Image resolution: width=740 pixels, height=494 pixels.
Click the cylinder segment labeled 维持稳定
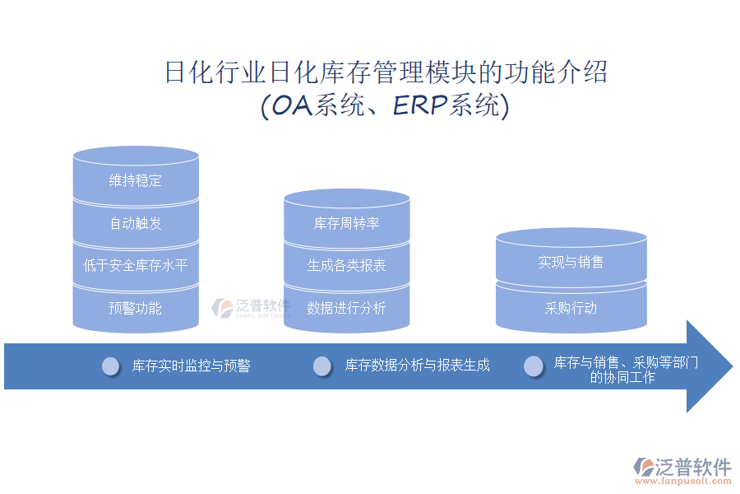[x=136, y=180]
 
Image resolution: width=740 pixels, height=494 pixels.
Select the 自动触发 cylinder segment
[x=136, y=223]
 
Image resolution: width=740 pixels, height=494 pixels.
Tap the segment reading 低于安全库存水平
[x=136, y=265]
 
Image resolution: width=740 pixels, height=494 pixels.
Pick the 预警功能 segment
[x=136, y=308]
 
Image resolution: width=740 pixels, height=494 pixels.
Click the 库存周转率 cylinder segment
[x=347, y=223]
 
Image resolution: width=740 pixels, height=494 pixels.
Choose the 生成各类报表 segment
[x=347, y=265]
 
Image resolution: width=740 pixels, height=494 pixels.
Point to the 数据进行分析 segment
[x=347, y=308]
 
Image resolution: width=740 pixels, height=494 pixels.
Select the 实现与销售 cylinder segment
[x=571, y=262]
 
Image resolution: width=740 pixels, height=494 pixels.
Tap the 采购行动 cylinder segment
[x=571, y=308]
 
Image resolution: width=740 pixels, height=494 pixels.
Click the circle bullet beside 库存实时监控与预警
[x=111, y=366]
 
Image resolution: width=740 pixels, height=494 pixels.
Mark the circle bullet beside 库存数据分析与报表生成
[x=322, y=366]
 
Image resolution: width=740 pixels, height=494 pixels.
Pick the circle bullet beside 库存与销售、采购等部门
[x=534, y=366]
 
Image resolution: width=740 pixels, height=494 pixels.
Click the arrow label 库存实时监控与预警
[x=191, y=366]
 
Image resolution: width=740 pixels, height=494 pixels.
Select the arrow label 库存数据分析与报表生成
[x=417, y=366]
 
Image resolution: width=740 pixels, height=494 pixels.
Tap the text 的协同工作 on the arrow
[x=622, y=377]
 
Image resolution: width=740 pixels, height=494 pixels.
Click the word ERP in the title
[x=420, y=105]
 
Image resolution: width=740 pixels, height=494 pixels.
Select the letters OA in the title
[x=293, y=105]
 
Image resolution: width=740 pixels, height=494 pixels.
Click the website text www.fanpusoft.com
[x=683, y=482]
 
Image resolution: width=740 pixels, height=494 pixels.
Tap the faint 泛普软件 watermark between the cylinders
[x=251, y=308]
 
